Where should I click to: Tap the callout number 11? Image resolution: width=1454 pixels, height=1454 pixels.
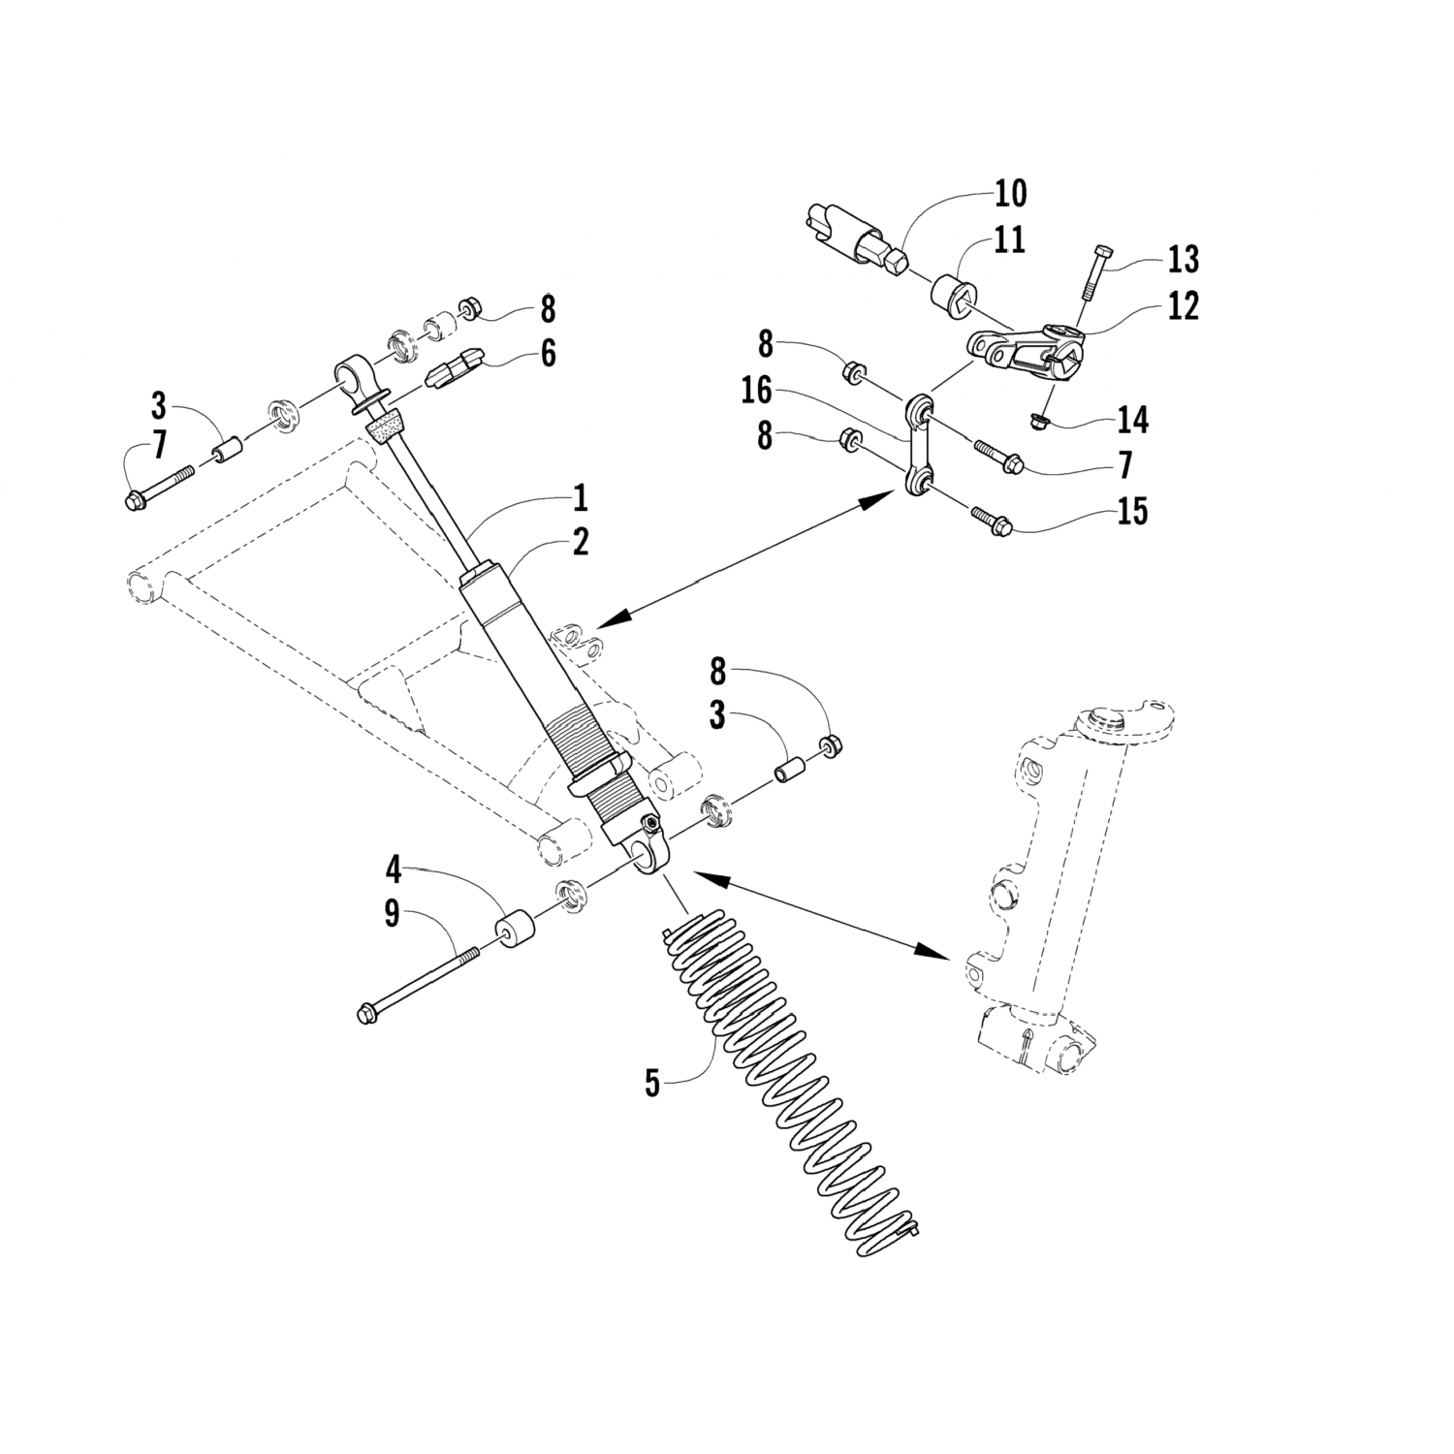[x=1009, y=239]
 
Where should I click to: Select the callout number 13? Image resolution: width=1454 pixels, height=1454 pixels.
[x=1183, y=259]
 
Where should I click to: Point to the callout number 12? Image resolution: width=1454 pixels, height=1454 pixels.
[x=1183, y=306]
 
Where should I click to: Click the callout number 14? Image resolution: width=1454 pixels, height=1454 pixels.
[x=1132, y=420]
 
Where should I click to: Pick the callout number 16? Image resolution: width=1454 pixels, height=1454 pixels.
[x=758, y=391]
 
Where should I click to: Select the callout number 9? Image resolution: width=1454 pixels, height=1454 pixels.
[x=392, y=913]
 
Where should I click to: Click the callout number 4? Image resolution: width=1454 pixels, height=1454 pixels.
[x=392, y=870]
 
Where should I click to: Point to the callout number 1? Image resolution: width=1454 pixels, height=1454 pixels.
[x=579, y=499]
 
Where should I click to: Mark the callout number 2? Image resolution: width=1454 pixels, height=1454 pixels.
[x=579, y=543]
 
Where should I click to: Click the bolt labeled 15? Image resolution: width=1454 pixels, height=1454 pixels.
[x=991, y=519]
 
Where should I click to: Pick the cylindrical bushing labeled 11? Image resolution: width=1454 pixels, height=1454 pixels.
[x=951, y=292]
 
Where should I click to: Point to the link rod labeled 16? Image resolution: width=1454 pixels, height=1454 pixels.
[x=919, y=441]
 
